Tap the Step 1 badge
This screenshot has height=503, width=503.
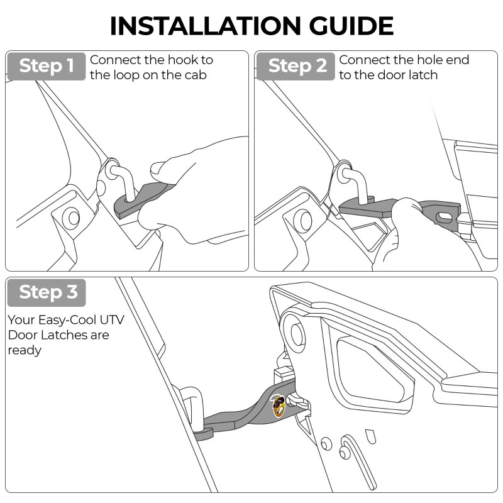click(46, 66)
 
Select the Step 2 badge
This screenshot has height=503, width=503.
click(295, 66)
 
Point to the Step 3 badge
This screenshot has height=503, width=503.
click(46, 292)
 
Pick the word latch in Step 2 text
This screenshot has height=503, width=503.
click(422, 75)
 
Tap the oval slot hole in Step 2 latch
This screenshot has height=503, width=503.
click(445, 216)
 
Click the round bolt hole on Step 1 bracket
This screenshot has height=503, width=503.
click(70, 218)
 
